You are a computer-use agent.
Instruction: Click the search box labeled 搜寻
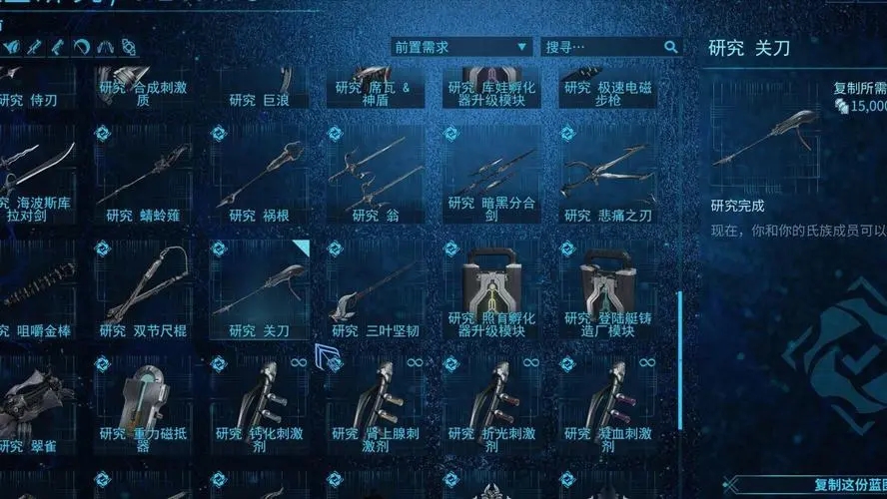tap(599, 47)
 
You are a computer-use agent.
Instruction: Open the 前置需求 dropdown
tap(460, 47)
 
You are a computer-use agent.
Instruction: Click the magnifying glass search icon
tap(671, 47)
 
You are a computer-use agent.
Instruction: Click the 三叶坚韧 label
tap(375, 330)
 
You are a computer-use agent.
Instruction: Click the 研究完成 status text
tap(737, 206)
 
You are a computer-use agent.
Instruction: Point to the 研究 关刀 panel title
tap(749, 47)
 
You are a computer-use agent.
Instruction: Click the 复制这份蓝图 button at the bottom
tap(849, 485)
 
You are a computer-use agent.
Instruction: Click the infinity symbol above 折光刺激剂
tap(530, 362)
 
